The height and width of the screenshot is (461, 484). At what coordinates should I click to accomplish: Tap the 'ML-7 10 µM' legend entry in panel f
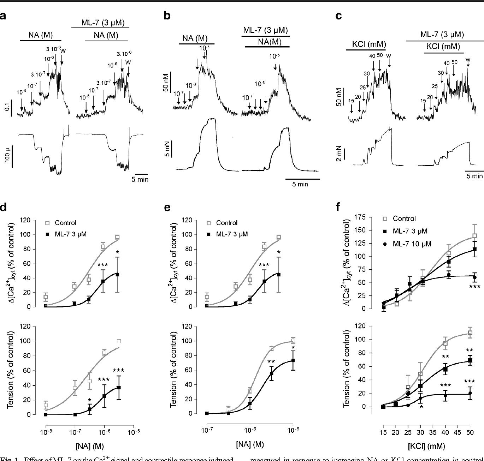pyautogui.click(x=412, y=244)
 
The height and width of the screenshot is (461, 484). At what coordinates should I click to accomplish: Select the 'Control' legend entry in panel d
pyautogui.click(x=65, y=223)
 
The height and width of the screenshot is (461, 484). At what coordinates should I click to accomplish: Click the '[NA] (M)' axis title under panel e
pyautogui.click(x=250, y=444)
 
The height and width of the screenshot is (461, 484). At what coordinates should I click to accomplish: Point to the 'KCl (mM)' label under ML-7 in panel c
pyautogui.click(x=443, y=47)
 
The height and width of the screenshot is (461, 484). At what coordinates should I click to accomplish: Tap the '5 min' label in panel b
pyautogui.click(x=300, y=184)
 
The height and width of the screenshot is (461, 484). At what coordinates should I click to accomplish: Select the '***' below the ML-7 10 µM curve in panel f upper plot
pyautogui.click(x=474, y=287)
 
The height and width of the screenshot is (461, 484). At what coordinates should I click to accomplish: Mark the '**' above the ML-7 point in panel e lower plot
pyautogui.click(x=271, y=361)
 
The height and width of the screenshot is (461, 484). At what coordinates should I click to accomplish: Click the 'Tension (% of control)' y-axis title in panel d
pyautogui.click(x=10, y=369)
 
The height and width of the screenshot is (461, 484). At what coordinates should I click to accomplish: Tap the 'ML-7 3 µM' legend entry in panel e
pyautogui.click(x=232, y=234)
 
